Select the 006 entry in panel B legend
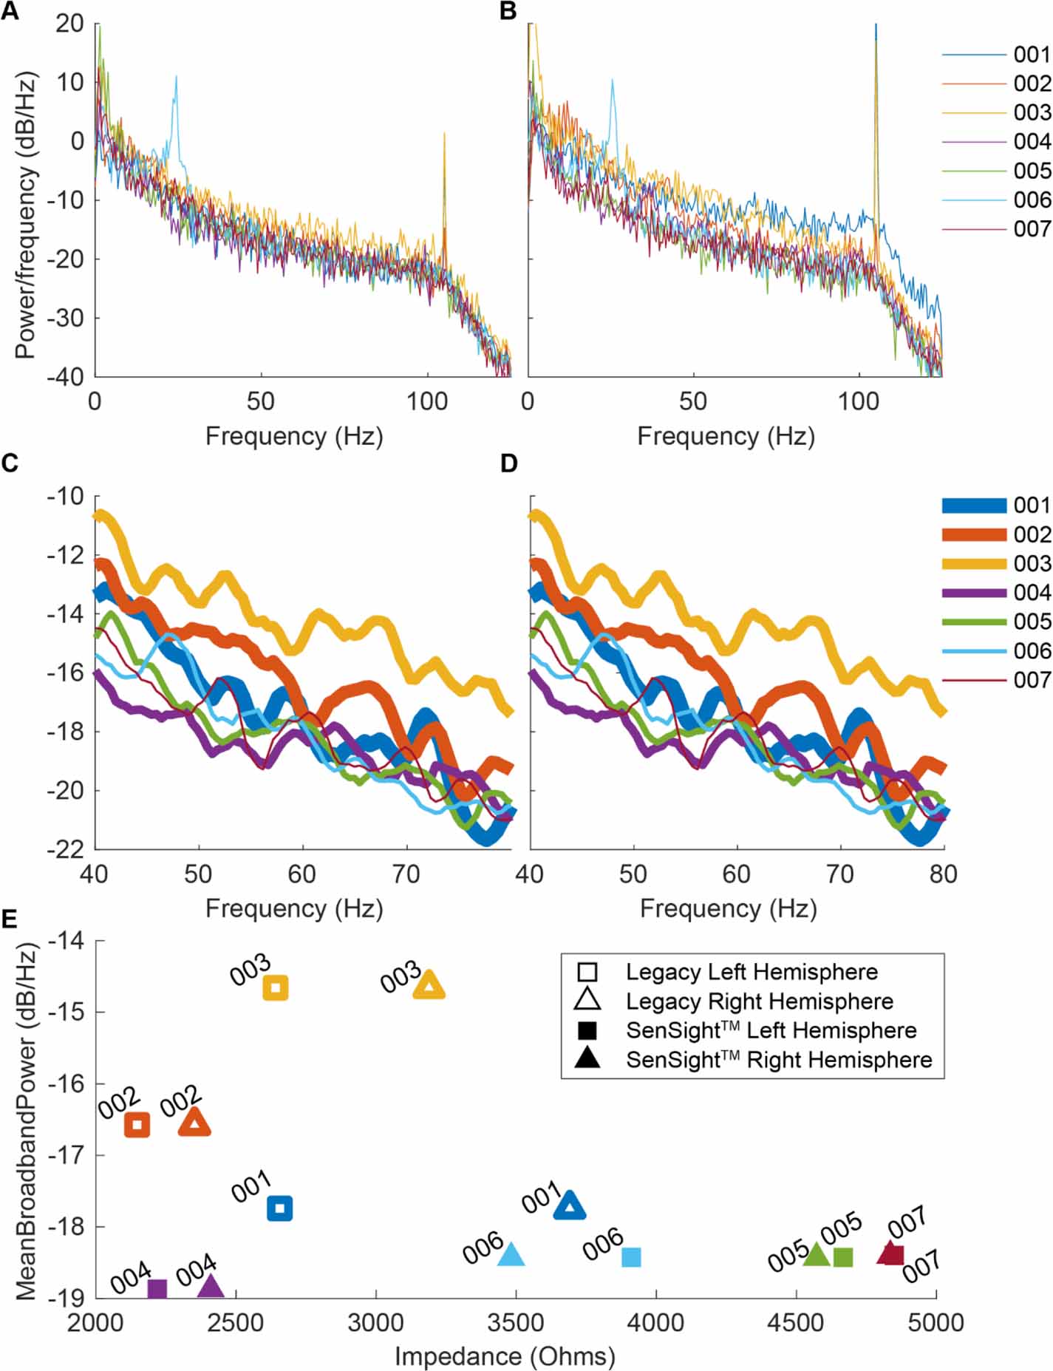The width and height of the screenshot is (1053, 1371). tap(1032, 200)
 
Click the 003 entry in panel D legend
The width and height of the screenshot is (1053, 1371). tap(1032, 563)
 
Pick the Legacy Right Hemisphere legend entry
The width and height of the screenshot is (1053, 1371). tap(759, 1001)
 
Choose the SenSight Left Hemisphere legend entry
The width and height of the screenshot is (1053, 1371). tap(770, 1030)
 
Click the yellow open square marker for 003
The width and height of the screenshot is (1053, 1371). tap(276, 987)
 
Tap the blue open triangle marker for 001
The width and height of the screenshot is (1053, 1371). tap(570, 1206)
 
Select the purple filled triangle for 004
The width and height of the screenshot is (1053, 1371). tap(211, 1287)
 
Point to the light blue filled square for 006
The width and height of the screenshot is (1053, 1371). tap(631, 1256)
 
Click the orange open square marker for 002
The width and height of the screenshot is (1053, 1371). tap(137, 1125)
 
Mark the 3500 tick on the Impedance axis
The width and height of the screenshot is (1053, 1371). tap(515, 1321)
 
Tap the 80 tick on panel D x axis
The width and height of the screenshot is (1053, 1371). tap(944, 874)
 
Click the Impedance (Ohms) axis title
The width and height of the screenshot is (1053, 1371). tap(505, 1355)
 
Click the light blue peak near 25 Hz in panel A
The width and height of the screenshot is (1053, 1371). tap(176, 77)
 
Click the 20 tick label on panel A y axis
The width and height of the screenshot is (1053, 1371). tap(69, 23)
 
